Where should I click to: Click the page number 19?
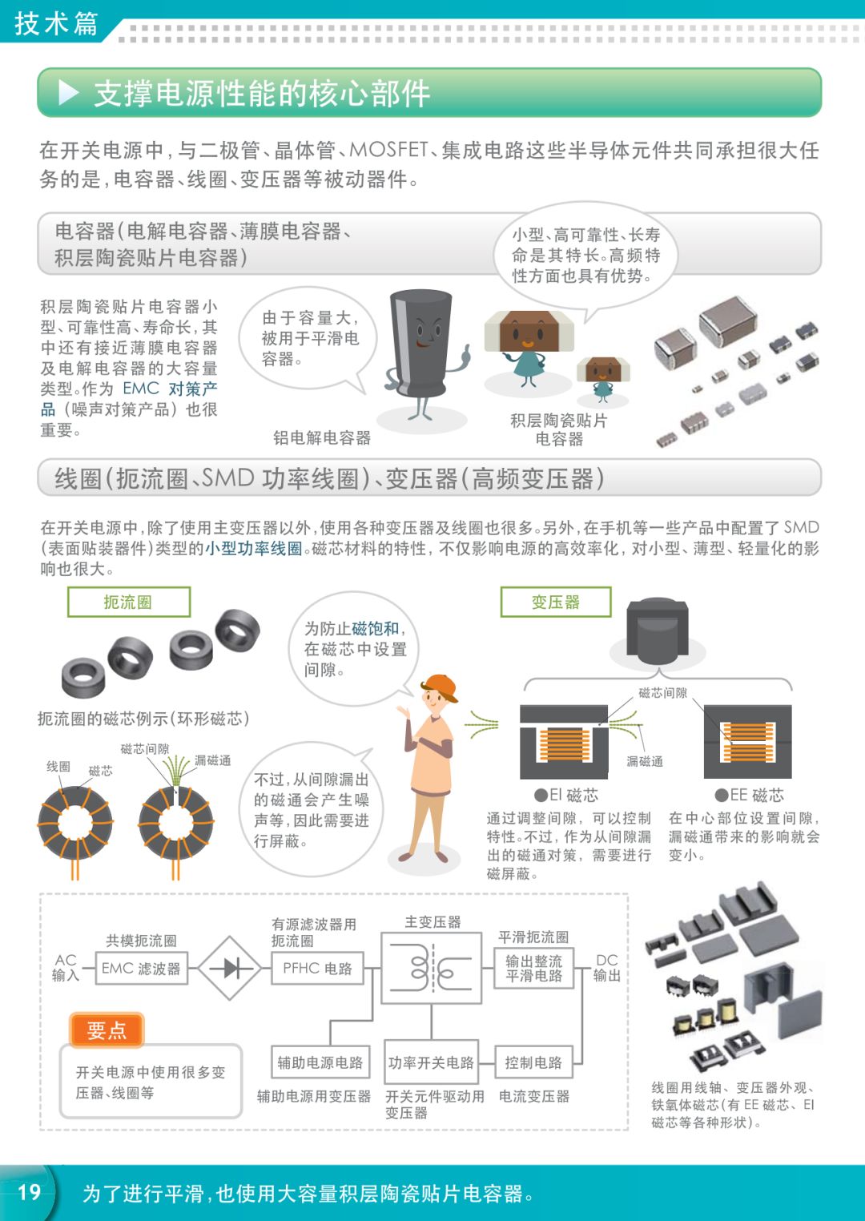[29, 1192]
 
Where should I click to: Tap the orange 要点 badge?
[107, 1030]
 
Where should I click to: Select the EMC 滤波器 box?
[141, 969]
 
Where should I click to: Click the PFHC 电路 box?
[317, 969]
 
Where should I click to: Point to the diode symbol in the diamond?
[230, 969]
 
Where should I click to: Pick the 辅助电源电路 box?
[320, 1063]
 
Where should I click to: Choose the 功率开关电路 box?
[431, 1063]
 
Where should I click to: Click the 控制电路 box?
[533, 1063]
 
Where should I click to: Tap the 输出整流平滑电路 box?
[533, 969]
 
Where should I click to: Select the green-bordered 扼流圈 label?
[128, 602]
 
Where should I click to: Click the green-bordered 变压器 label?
[556, 602]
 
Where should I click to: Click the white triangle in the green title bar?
[69, 93]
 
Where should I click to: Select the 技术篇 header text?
[56, 22]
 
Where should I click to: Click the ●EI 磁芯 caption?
[567, 796]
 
